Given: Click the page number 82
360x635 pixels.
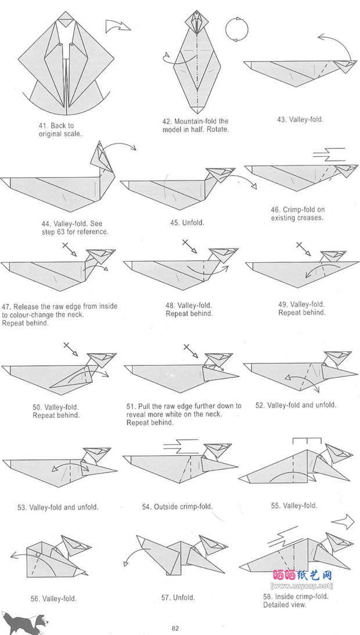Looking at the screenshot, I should pyautogui.click(x=175, y=627).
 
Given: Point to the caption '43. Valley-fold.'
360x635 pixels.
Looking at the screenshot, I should pyautogui.click(x=300, y=120).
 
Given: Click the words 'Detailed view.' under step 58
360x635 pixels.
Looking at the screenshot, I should pyautogui.click(x=285, y=605).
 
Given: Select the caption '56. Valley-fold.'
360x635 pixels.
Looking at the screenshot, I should pyautogui.click(x=53, y=598).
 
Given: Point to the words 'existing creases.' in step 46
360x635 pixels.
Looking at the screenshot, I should pyautogui.click(x=297, y=218).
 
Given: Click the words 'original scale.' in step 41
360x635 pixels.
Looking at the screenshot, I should pyautogui.click(x=60, y=134).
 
